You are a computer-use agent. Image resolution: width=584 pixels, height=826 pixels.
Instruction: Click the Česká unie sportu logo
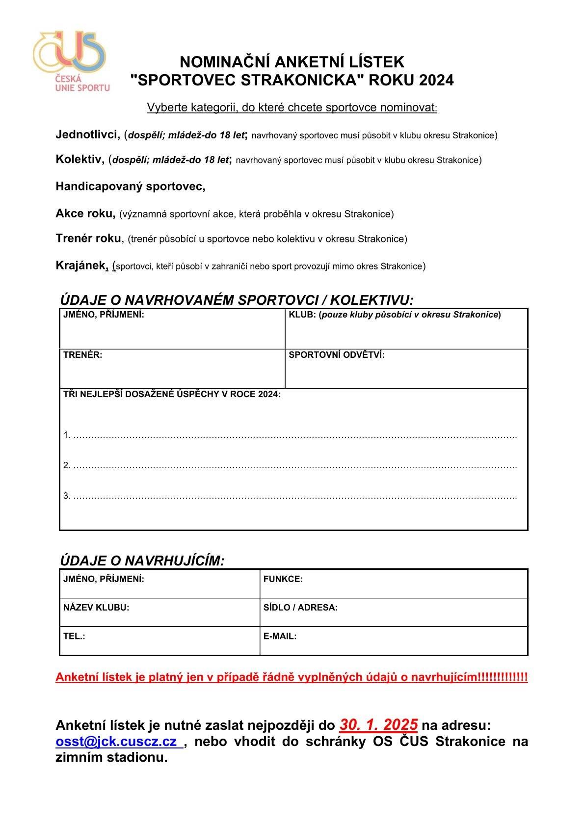click(70, 61)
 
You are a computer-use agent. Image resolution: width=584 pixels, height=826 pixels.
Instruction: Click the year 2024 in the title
click(436, 80)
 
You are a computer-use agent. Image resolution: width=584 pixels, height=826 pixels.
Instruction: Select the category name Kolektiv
click(80, 159)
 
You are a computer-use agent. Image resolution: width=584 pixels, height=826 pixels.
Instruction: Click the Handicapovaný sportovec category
click(130, 187)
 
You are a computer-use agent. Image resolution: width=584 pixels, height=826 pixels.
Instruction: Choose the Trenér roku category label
click(88, 239)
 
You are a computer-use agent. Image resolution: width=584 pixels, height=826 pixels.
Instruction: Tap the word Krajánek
click(80, 266)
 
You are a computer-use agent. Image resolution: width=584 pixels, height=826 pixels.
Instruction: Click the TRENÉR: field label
click(82, 355)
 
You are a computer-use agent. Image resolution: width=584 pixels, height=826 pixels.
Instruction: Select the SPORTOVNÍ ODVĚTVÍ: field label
click(336, 355)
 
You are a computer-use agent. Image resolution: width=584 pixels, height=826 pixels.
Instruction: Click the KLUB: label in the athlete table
click(301, 315)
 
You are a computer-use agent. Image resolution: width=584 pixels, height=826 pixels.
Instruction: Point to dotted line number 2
click(294, 466)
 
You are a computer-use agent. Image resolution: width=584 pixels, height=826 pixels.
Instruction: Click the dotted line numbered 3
click(294, 496)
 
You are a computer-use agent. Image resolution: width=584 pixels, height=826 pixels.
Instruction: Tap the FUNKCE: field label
click(283, 579)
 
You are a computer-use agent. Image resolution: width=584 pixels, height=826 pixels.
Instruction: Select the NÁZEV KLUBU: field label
click(96, 608)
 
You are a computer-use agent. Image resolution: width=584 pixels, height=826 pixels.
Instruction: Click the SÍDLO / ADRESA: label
click(300, 608)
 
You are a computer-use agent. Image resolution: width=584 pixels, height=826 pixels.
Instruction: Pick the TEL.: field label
click(74, 636)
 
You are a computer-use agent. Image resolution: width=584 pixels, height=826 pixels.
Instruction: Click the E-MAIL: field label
click(280, 636)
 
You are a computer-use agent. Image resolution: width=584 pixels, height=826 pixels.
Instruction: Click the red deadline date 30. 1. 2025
click(378, 724)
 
